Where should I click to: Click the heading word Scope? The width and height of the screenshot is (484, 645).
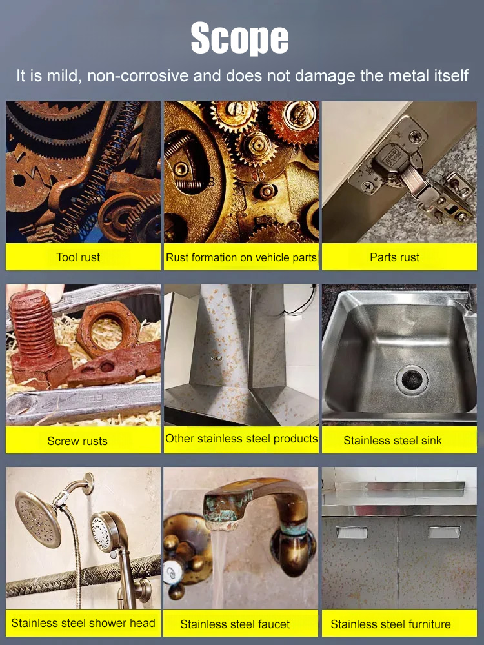point(240,39)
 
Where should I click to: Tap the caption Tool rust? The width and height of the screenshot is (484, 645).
point(78,257)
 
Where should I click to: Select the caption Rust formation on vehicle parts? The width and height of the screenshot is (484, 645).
point(241,257)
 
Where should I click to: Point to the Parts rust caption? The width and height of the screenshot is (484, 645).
point(394,257)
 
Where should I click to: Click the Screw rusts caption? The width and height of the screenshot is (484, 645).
point(77,441)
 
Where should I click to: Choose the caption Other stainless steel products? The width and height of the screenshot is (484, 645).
point(241,439)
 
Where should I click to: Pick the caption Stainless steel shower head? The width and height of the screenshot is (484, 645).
point(83,623)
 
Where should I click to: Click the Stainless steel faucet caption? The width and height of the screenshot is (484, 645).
point(235,624)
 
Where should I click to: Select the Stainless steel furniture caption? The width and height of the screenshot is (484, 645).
point(390,624)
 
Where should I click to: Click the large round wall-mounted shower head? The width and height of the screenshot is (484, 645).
point(37,519)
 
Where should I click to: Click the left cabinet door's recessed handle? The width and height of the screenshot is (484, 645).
point(352,532)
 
